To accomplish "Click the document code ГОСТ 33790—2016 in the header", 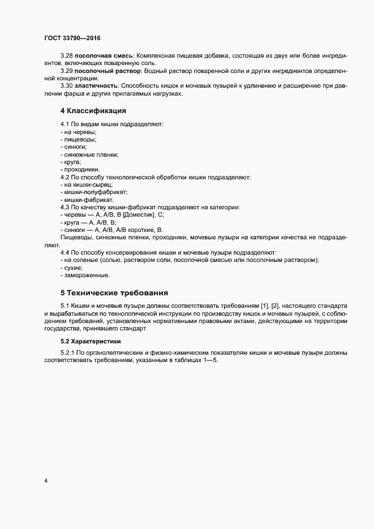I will pyautogui.click(x=72, y=37).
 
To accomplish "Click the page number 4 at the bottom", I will pyautogui.click(x=45, y=481).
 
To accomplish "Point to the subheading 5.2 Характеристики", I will pyautogui.click(x=91, y=341).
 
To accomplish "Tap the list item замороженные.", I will pyautogui.click(x=87, y=275).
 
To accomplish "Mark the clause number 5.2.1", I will pyautogui.click(x=68, y=352).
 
